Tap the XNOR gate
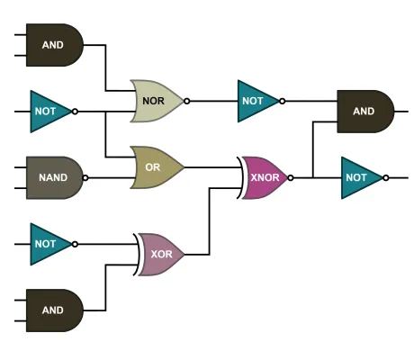264,177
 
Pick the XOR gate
160,254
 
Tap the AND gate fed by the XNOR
364,111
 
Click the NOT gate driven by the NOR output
255,101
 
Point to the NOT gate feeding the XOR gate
48,243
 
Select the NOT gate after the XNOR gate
359,177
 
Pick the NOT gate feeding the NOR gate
48,111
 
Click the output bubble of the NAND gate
86,177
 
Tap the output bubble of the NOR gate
187,101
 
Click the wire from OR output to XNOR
211,167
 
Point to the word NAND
53,177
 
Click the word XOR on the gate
161,254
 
